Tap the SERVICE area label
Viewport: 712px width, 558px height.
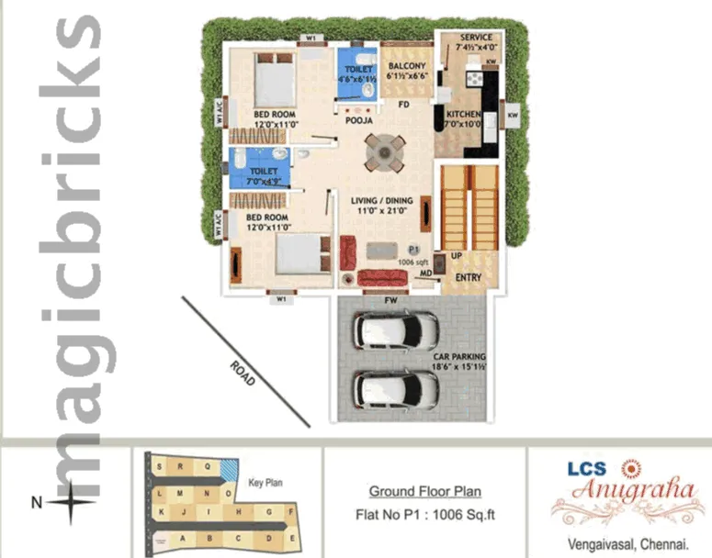(469, 38)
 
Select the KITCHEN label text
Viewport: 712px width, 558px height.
(464, 115)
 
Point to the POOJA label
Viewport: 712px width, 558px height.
(358, 120)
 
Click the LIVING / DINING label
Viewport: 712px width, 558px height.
(381, 201)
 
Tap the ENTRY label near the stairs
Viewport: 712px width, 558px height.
(469, 277)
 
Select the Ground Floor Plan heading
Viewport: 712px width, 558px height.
(424, 492)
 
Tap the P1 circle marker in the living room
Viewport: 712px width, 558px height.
(413, 249)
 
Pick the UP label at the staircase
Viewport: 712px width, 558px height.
(457, 256)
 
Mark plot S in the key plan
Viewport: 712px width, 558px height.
(164, 466)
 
